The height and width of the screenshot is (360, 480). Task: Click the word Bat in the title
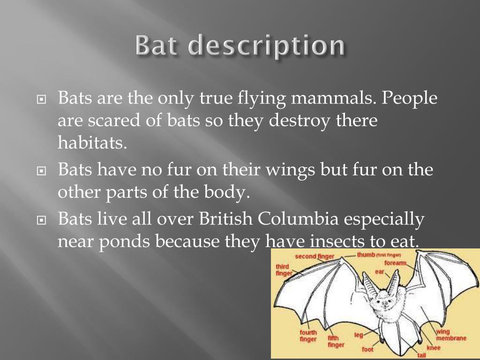pos(158,46)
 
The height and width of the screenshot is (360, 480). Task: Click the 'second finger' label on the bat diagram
pos(314,256)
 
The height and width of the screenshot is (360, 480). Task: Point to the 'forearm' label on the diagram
pos(395,263)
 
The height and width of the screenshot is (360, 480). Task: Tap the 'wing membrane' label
pos(450,335)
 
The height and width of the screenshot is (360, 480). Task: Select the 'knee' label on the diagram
pos(434,348)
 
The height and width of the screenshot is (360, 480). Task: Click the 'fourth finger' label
pos(308,336)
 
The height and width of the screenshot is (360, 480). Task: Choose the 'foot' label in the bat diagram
pos(367,349)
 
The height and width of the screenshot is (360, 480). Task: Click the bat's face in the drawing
pos(386,303)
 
